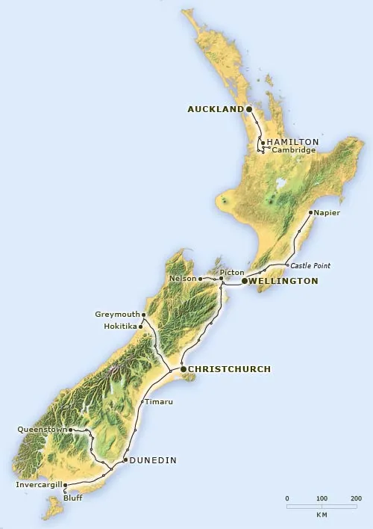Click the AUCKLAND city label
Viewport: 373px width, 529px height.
(x=215, y=109)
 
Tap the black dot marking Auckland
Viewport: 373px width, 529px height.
(x=249, y=109)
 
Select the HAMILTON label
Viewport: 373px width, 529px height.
(x=293, y=141)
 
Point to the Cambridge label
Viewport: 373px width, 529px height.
(x=293, y=150)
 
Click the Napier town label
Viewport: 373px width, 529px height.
(x=327, y=213)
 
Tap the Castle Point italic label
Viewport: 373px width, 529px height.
(x=310, y=265)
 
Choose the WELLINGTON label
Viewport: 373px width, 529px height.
(x=284, y=281)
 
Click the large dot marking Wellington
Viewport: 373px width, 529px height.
(x=245, y=281)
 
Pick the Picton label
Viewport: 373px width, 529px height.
(x=232, y=271)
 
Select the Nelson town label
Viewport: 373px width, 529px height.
(x=183, y=279)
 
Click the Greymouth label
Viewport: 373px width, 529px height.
(x=117, y=314)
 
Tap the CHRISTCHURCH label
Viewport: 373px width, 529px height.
(x=229, y=369)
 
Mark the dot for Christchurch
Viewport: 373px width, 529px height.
(x=184, y=369)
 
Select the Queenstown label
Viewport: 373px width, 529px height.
(x=43, y=430)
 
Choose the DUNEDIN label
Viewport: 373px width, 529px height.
(x=153, y=460)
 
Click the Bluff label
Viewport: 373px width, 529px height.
(x=73, y=497)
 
